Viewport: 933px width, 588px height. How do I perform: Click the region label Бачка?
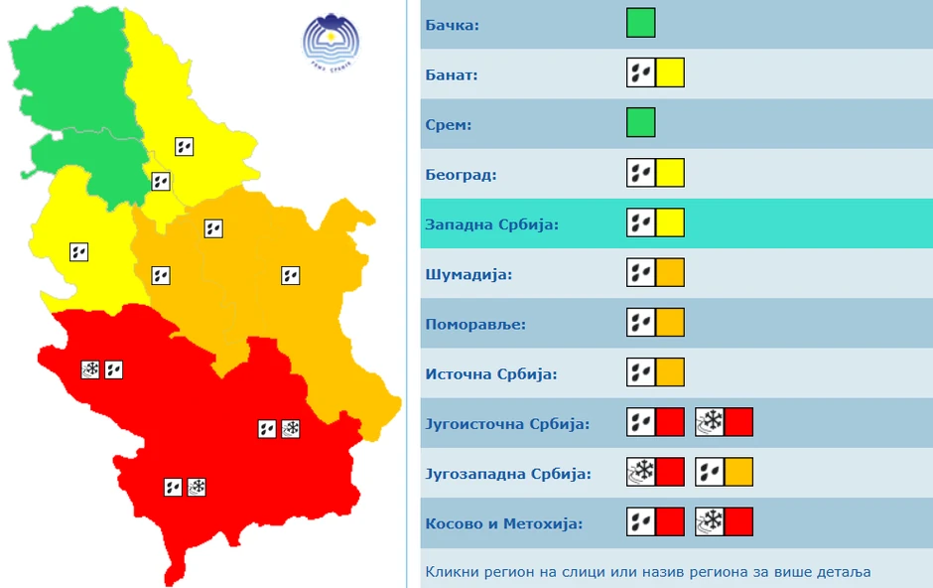point(452,24)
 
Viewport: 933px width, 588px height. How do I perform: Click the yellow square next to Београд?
point(670,174)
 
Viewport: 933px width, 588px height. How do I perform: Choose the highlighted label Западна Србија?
point(491,224)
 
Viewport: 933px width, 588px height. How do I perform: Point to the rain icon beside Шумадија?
point(641,273)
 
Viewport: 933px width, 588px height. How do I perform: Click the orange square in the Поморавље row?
point(670,323)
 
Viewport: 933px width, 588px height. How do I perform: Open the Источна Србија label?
point(490,374)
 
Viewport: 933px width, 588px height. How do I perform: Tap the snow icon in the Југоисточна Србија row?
point(710,422)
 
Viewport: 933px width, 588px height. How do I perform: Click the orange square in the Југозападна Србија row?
point(738,472)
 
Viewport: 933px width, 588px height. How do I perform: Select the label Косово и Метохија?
point(503,523)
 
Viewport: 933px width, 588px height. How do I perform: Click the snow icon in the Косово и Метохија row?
point(710,521)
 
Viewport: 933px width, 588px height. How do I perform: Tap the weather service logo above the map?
point(331,42)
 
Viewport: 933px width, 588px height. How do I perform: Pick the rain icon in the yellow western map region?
point(79,252)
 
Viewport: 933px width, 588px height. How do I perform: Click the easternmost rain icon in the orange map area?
point(290,275)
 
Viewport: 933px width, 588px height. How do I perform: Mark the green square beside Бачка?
point(640,23)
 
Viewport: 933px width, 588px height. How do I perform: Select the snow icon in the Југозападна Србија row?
point(641,472)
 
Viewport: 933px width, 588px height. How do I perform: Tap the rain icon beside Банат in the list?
point(641,73)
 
